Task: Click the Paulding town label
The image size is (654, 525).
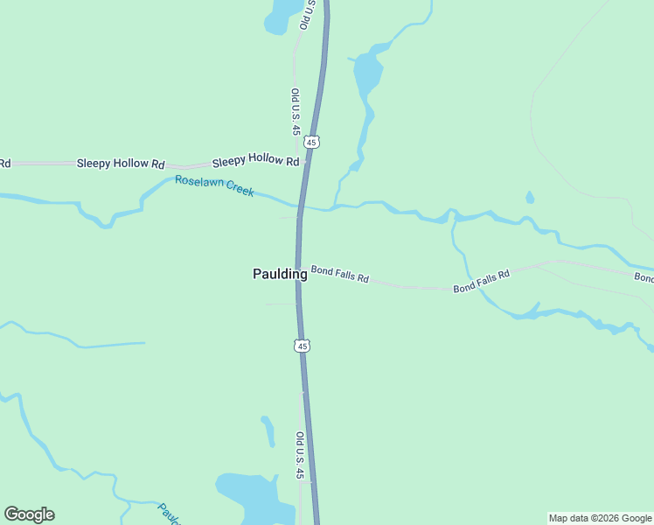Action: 280,274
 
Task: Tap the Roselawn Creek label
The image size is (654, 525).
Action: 214,185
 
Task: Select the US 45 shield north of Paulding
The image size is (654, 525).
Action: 313,141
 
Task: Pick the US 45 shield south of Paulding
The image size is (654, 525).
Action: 302,346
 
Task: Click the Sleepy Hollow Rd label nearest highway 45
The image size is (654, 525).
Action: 255,160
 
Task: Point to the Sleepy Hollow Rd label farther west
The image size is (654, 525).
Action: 121,164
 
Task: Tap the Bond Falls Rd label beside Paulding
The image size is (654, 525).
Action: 340,275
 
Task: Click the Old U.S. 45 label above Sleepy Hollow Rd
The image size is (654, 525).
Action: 296,111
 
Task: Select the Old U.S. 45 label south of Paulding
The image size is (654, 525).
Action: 299,455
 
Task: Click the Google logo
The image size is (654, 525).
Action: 29,514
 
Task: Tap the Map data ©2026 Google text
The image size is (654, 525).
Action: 601,518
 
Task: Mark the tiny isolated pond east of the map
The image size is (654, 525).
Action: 530,198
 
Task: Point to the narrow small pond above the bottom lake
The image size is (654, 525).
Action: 268,430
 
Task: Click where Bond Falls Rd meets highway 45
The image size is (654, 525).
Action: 299,269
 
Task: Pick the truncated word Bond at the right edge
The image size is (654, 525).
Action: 644,277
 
